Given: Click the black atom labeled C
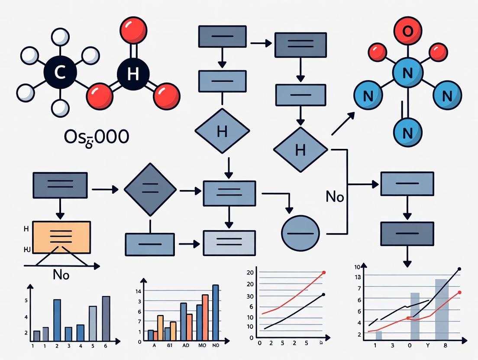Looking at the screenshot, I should coord(60,73).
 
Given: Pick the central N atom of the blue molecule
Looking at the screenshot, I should coord(407,73).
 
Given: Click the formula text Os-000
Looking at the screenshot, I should coord(96,137).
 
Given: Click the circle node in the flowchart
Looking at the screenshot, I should coord(300,233).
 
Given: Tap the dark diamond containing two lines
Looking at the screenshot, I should coord(150,190).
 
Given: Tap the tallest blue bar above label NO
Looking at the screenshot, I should coord(215,312).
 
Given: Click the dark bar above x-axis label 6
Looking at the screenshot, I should coord(106,318).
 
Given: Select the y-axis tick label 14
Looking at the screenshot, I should coord(139,291).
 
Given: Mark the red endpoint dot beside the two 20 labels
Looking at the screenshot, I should coord(323,273).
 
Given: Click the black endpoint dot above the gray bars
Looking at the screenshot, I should coord(459,269).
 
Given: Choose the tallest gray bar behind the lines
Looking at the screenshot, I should coord(441,309).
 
